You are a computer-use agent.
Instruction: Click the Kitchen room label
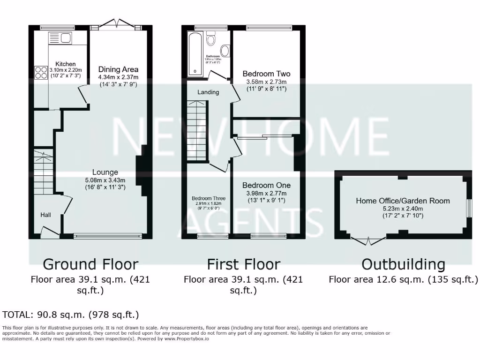[66, 64]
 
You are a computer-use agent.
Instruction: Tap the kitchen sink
[60, 38]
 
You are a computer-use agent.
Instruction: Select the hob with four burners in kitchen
[41, 72]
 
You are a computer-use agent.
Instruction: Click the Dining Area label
[118, 69]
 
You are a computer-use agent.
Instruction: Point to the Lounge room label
[105, 172]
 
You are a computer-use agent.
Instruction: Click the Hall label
[45, 215]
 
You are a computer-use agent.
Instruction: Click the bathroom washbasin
[225, 51]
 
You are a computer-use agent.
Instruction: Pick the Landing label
[208, 92]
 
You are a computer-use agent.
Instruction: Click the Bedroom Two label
[266, 74]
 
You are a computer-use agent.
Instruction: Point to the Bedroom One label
[266, 185]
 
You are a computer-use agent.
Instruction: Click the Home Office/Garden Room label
[403, 201]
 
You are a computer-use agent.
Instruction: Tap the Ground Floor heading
[90, 264]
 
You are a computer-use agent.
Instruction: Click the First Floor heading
[243, 264]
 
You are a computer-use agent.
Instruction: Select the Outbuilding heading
[403, 264]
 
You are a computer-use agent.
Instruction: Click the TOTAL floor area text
[71, 315]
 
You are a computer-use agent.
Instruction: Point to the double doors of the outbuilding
[368, 241]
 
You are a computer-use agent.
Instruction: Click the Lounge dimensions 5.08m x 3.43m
[105, 180]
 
